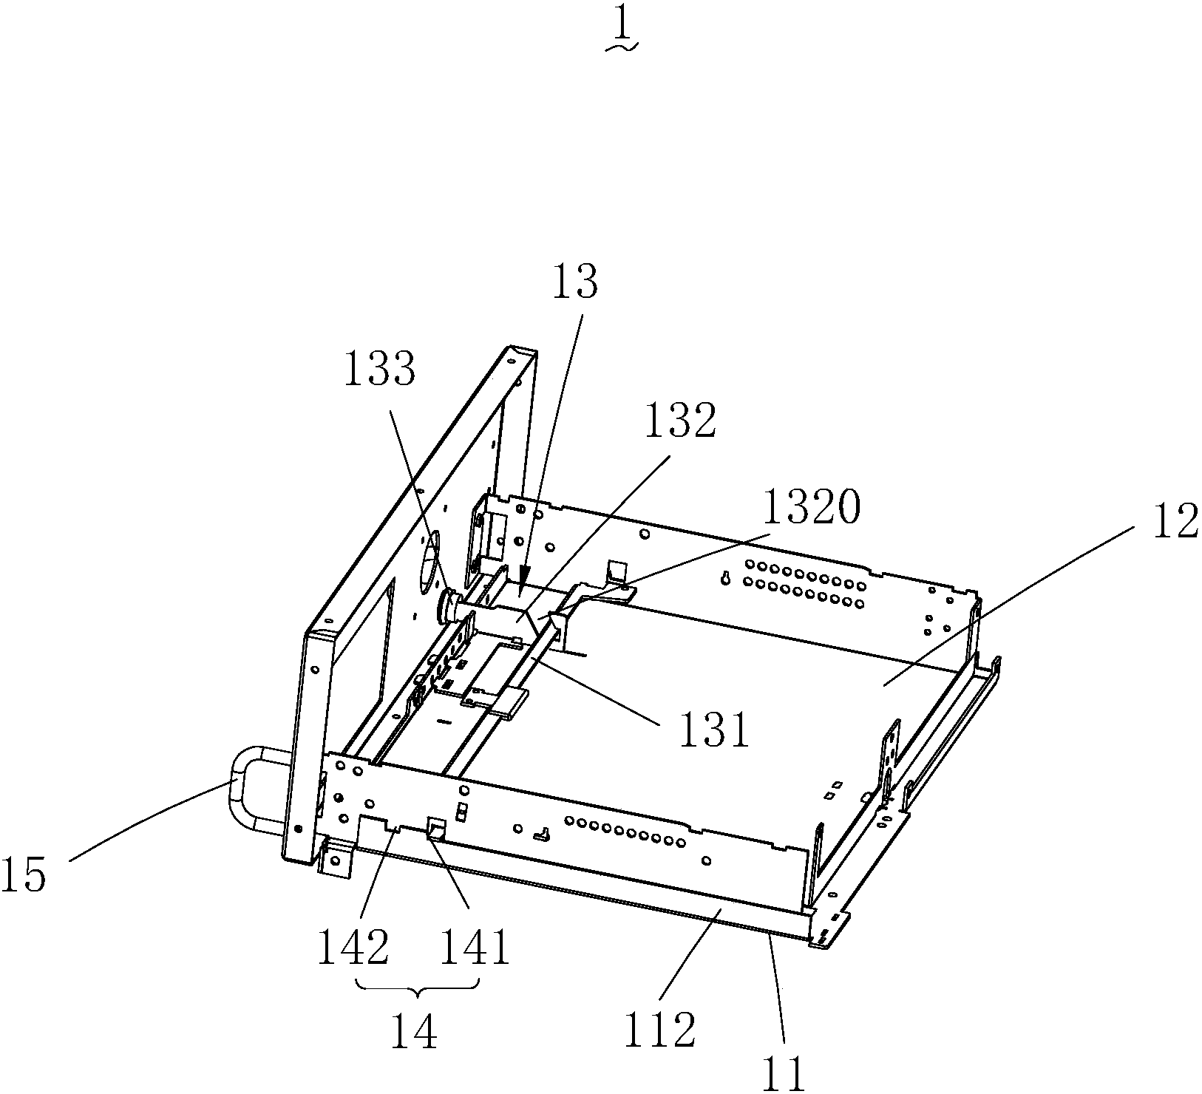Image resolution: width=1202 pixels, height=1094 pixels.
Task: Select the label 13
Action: pos(574,282)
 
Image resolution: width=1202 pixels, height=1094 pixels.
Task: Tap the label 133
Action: pos(380,368)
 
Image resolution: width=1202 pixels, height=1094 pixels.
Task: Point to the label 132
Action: pos(680,421)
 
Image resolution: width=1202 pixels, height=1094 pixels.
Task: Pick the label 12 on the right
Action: pos(1175,522)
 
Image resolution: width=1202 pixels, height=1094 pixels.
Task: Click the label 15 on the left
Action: pos(24,877)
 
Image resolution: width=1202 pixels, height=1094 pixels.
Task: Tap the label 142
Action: pos(353,948)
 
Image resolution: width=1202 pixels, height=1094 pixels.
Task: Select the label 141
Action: pos(475,948)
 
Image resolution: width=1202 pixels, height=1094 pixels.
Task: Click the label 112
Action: pos(659,1030)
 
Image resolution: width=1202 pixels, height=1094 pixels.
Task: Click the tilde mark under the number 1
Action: pos(622,49)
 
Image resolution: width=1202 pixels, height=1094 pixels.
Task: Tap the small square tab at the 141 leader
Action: pos(435,829)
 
